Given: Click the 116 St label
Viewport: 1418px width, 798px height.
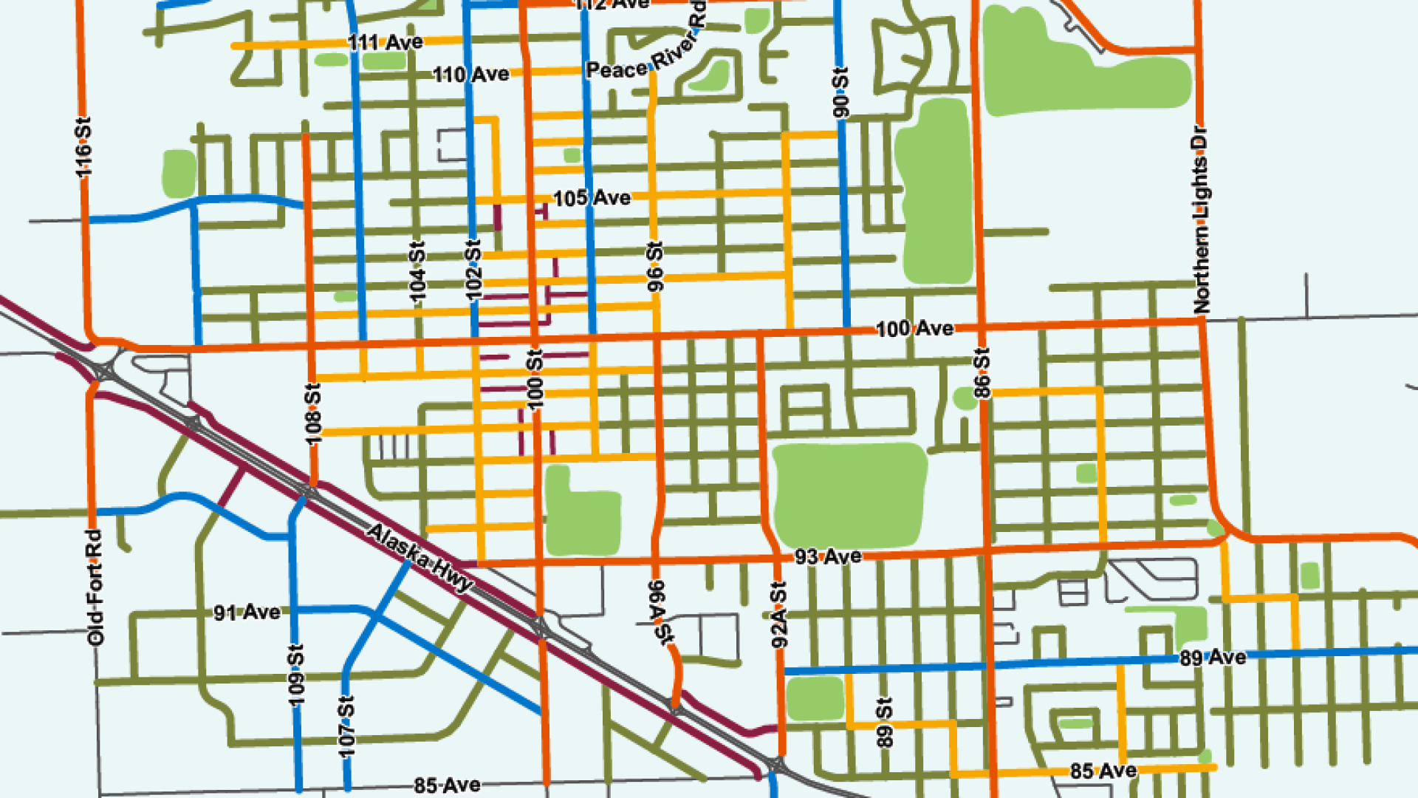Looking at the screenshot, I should click(83, 147).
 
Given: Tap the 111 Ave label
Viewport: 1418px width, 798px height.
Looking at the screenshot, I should click(386, 42).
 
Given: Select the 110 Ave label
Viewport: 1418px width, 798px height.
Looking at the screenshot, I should click(470, 75).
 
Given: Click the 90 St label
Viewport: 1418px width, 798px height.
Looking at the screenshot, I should click(840, 92).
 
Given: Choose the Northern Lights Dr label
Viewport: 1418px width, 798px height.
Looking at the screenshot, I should click(1201, 220).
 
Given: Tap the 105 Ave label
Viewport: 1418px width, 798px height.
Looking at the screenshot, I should click(592, 198).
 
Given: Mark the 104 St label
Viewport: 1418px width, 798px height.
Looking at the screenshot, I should click(418, 272).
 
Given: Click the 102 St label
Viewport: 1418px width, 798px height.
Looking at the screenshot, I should click(473, 270).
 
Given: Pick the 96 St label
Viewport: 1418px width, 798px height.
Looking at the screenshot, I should click(655, 266).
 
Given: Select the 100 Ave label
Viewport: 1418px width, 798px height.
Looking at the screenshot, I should click(914, 328).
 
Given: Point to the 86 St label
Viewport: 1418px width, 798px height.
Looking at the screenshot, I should click(982, 373).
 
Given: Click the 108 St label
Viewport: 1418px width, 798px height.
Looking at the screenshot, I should click(313, 414).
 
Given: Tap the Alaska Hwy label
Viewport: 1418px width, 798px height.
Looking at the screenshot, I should click(419, 557).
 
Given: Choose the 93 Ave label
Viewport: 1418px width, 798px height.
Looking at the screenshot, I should click(828, 556).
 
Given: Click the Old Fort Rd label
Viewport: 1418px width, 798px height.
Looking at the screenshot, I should click(95, 587).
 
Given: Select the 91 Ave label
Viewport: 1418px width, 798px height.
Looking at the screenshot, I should click(247, 613).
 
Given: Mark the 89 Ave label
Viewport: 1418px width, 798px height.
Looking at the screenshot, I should click(1212, 657).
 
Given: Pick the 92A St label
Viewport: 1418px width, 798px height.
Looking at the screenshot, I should click(778, 615).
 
